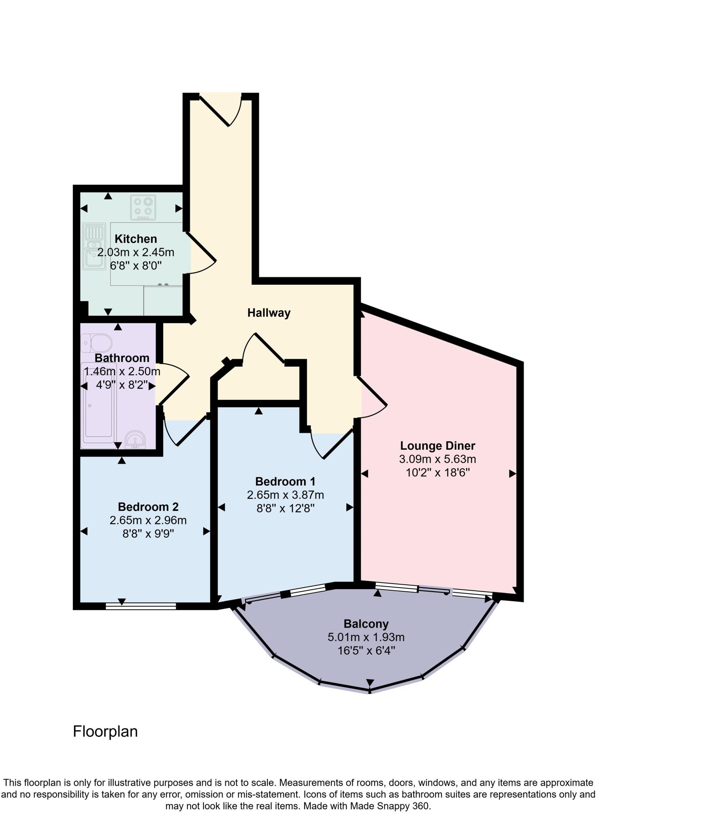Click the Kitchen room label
point(136,239)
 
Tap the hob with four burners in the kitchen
point(143,207)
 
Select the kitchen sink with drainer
point(94,246)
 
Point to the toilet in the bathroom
point(97,343)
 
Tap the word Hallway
point(269,313)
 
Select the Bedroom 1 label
point(285,481)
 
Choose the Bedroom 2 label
point(148,507)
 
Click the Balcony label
point(366,624)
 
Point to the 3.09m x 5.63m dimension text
point(438,459)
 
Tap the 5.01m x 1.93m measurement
point(366,638)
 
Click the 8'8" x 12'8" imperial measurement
point(285,508)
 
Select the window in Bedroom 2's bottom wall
point(141,606)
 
